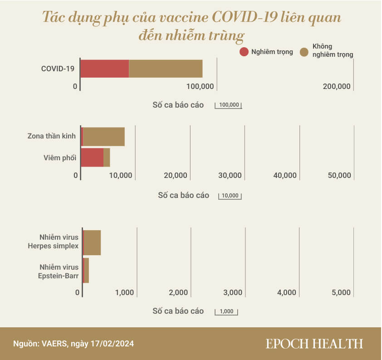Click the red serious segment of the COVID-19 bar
[x=105, y=69]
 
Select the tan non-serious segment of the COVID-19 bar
[x=166, y=69]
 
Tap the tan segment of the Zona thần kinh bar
[x=104, y=137]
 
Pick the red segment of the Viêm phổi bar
[x=93, y=158]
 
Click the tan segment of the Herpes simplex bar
[x=93, y=243]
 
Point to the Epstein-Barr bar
[x=86, y=271]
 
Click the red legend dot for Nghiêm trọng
[x=244, y=51]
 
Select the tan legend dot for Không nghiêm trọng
[x=304, y=51]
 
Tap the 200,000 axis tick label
[x=337, y=86]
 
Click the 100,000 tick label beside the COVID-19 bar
[x=200, y=86]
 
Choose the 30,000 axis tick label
[x=230, y=175]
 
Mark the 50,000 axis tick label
[x=339, y=175]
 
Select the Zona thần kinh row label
[x=51, y=136]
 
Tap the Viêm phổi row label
[x=59, y=158]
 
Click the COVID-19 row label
[x=59, y=69]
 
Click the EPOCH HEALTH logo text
[x=314, y=344]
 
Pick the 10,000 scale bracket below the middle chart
[x=230, y=196]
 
